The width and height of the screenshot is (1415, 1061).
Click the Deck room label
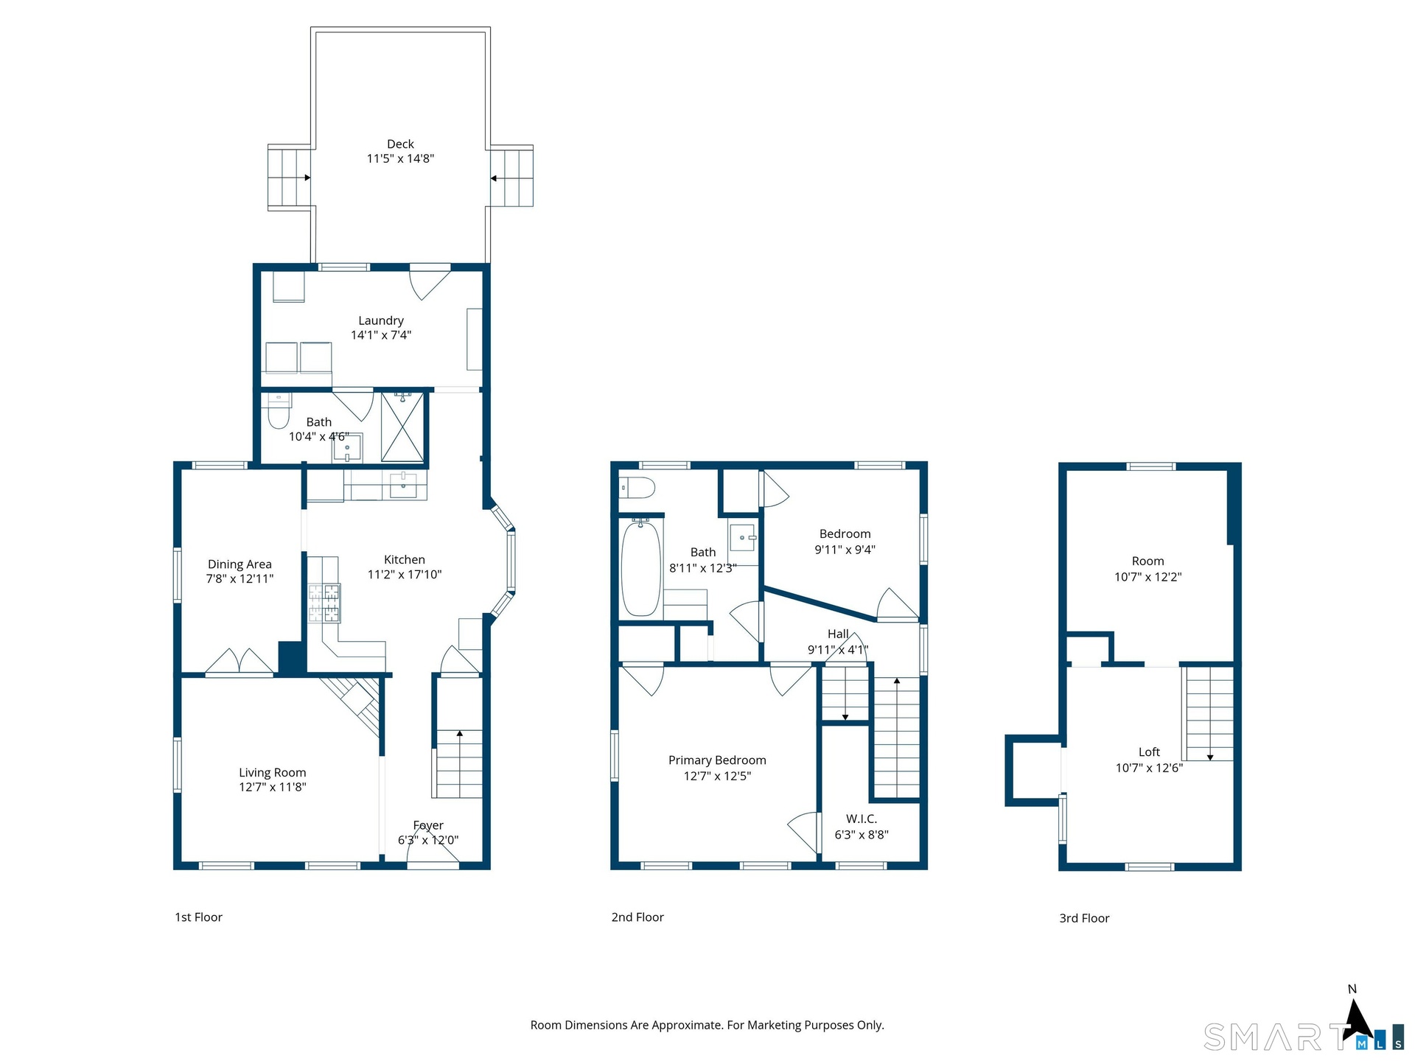tap(400, 144)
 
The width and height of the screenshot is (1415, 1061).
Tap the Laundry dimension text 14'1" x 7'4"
tap(381, 335)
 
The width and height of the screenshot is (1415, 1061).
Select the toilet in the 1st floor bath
tap(278, 411)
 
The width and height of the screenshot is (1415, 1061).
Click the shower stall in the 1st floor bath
tap(402, 427)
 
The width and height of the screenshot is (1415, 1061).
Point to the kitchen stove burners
tap(324, 603)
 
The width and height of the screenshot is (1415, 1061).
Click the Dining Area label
tap(240, 564)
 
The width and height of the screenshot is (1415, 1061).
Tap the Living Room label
tap(273, 772)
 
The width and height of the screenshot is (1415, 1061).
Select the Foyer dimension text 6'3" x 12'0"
tap(428, 840)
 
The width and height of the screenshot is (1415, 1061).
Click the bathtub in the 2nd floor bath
tap(641, 567)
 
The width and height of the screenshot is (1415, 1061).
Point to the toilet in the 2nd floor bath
tap(637, 487)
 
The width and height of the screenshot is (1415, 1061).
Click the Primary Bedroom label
tap(717, 760)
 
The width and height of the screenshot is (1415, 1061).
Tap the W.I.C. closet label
tap(862, 819)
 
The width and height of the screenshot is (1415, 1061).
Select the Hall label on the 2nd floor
tap(838, 634)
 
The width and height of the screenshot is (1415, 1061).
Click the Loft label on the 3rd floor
tap(1149, 752)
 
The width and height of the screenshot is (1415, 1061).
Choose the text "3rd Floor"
tap(1084, 918)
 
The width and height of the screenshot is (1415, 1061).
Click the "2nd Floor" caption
tap(637, 917)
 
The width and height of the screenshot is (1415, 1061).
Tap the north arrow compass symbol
tap(1356, 1020)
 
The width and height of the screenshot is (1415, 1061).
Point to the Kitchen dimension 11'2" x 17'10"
tap(405, 575)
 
